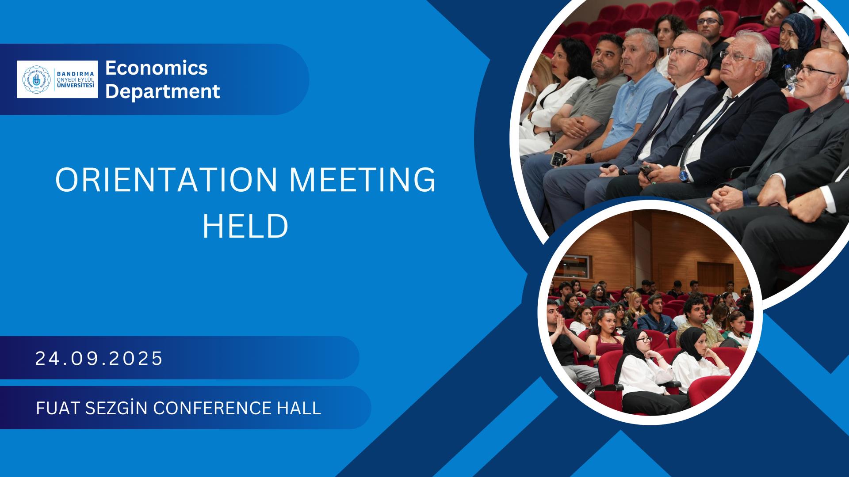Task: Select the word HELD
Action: coord(245,227)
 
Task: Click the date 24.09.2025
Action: coord(99,358)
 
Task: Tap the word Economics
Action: coord(157,68)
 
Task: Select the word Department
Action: coord(163,92)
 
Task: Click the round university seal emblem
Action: coord(37,79)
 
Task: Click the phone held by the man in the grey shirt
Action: coord(558,158)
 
